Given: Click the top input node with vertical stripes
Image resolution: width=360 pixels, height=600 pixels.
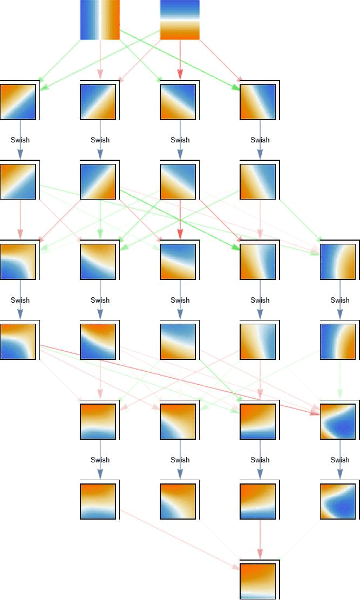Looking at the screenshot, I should point(100,20).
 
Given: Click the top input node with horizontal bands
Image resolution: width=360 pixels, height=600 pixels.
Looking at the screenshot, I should point(180,20).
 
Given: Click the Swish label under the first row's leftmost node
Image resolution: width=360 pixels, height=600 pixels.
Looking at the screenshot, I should point(20,140).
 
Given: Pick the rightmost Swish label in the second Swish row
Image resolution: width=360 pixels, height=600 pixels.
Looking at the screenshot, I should point(339,300).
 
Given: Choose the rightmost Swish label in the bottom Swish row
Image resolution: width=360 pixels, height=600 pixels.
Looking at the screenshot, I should point(339,460).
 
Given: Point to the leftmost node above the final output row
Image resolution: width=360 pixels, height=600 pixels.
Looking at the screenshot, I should point(99,501).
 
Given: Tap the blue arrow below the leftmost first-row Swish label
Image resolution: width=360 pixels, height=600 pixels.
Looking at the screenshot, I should point(20,152).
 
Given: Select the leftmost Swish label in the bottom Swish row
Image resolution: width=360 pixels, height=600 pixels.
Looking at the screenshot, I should point(100,460).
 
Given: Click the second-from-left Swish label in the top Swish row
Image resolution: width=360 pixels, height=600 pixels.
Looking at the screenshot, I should point(100,140).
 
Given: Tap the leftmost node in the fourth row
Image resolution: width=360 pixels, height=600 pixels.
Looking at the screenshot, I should point(19,340).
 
